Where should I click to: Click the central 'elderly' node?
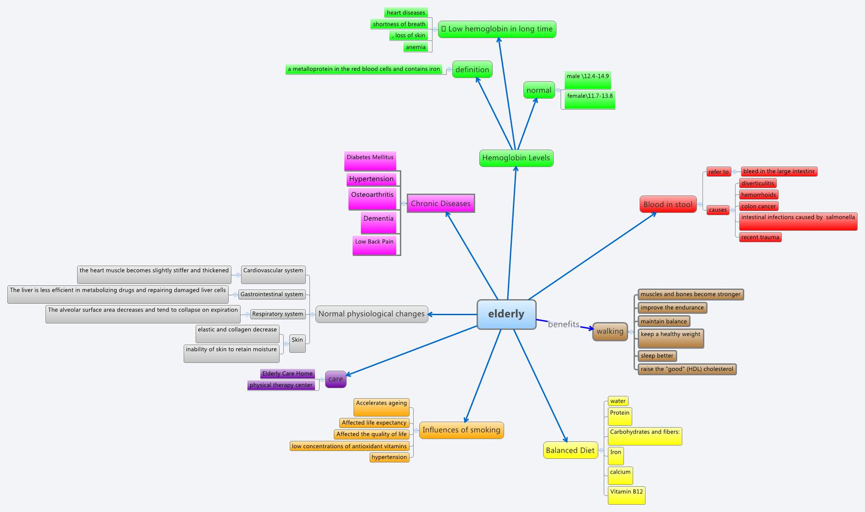click(x=506, y=314)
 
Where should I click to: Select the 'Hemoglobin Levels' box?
click(x=516, y=158)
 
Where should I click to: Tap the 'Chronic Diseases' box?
click(x=441, y=204)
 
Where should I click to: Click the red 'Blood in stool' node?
click(x=668, y=205)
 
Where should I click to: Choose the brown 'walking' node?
click(x=610, y=331)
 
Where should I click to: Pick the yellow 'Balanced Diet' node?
click(x=570, y=451)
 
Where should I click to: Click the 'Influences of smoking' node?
click(x=461, y=430)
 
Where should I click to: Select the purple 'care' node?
click(x=336, y=379)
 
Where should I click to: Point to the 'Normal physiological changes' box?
click(x=371, y=314)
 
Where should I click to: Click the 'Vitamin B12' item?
click(x=626, y=495)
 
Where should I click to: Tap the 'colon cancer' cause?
click(x=758, y=206)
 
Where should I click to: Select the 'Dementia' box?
click(x=378, y=222)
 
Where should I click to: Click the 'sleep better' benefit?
click(x=657, y=356)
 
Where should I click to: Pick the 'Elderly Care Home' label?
click(x=287, y=374)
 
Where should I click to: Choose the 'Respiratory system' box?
click(x=278, y=314)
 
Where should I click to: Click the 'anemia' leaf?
click(x=416, y=47)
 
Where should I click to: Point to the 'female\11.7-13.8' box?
click(x=590, y=100)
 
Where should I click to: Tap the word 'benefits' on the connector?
click(x=563, y=324)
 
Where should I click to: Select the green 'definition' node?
click(x=472, y=70)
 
